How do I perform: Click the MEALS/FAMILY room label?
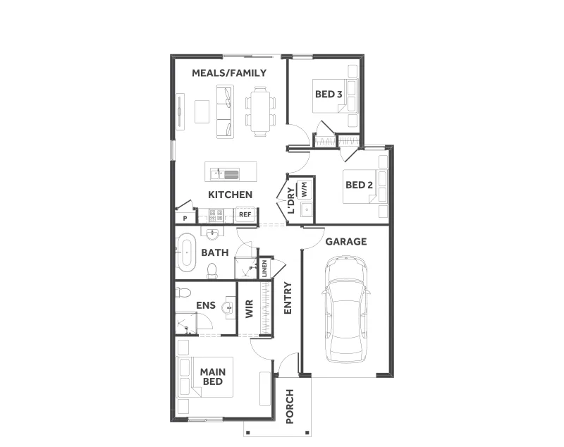(229, 73)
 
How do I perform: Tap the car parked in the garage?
(345, 310)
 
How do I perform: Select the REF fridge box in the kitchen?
(245, 214)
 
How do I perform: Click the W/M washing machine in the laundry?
(305, 189)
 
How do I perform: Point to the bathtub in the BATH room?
(186, 252)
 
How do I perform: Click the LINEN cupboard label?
(264, 269)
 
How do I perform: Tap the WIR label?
(250, 309)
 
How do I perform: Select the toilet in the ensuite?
(183, 293)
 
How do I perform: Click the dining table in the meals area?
(260, 111)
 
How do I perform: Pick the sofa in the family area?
(225, 111)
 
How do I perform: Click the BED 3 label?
(329, 94)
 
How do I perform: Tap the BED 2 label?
(359, 185)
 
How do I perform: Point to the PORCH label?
(290, 406)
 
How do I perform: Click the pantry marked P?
(185, 218)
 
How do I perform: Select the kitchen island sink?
(224, 174)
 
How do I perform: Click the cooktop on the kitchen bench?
(216, 215)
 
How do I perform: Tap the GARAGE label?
(346, 242)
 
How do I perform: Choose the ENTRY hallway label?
(288, 298)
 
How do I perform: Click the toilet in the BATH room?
(212, 271)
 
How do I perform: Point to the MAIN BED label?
(213, 376)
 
